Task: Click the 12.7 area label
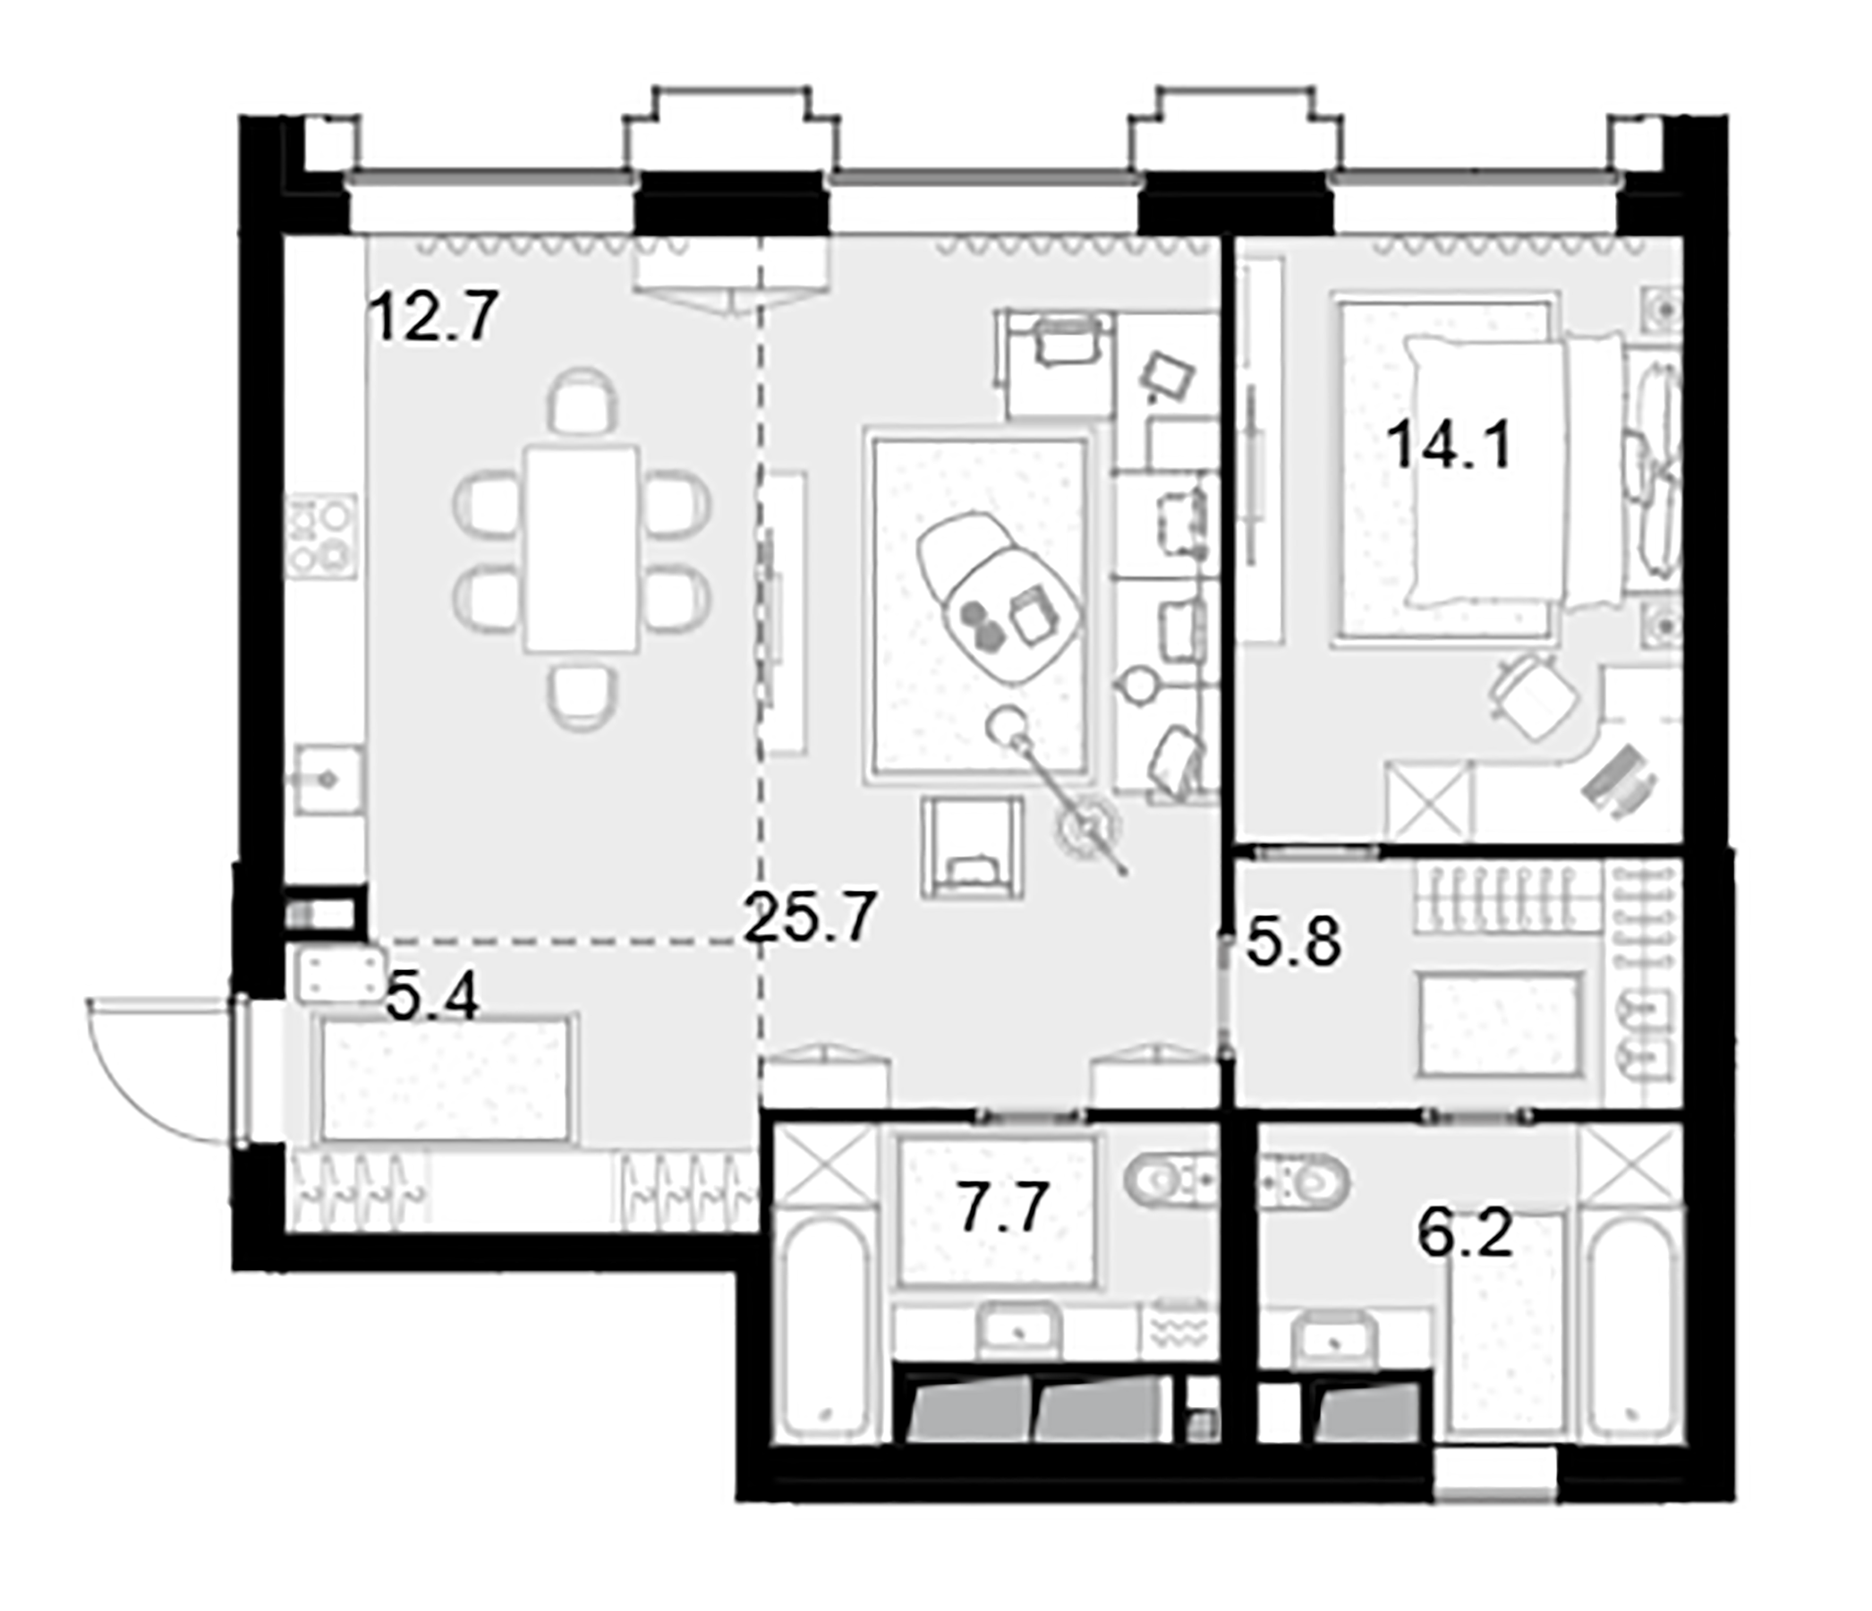tap(434, 316)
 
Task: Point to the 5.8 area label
tap(1293, 942)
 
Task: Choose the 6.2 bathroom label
tap(1465, 1234)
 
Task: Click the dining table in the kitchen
tap(582, 550)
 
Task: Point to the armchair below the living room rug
tap(972, 848)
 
